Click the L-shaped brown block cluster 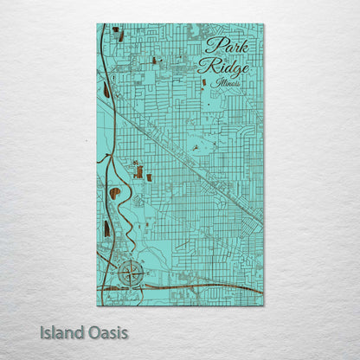point(138,170)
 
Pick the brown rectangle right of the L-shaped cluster point(149,177)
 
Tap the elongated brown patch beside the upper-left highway point(106,90)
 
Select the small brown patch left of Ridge point(154,61)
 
